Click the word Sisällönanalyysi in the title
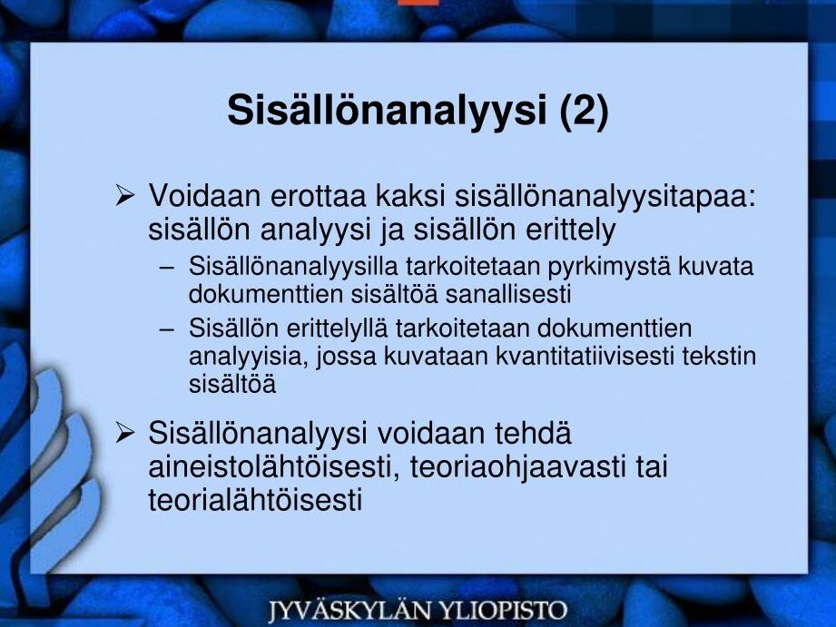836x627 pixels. tap(387, 111)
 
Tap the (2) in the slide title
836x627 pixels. tap(585, 111)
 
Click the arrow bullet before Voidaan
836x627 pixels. tap(124, 195)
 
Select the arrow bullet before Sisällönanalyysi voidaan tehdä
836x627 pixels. tap(124, 433)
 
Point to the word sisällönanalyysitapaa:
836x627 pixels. tap(605, 196)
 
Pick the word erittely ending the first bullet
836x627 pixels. tap(570, 230)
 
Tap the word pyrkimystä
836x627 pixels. tap(609, 266)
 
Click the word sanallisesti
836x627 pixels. tap(508, 294)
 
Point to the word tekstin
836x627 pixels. tap(719, 356)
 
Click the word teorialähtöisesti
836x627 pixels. tap(255, 500)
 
